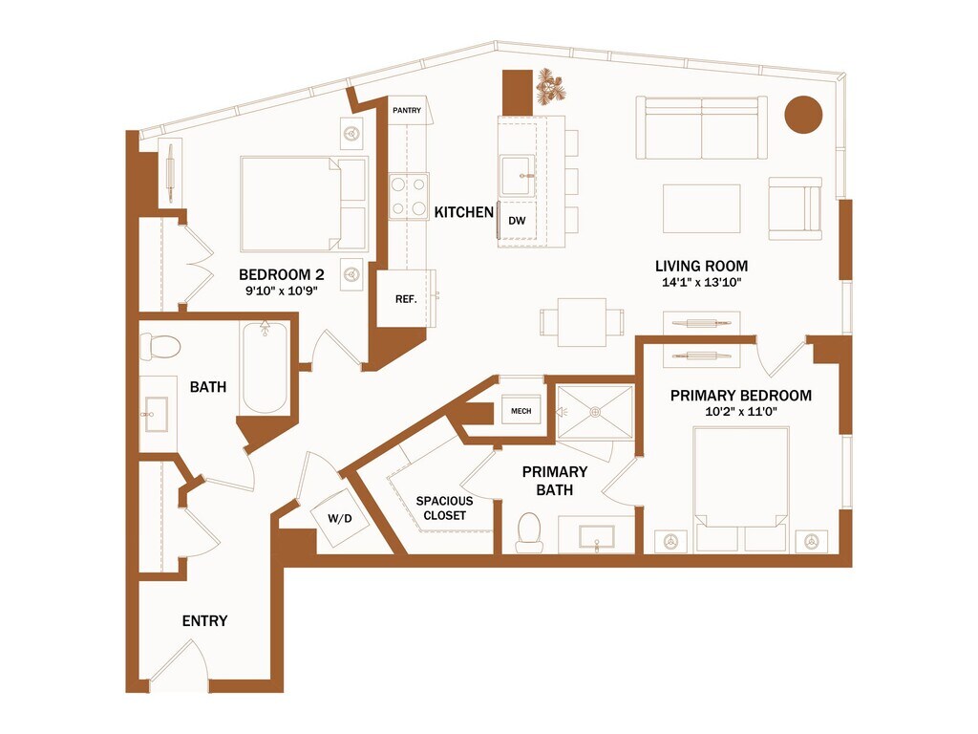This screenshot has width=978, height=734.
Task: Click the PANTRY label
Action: click(x=407, y=111)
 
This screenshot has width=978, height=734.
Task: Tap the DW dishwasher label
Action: click(x=517, y=221)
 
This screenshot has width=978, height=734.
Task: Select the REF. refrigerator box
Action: click(x=406, y=298)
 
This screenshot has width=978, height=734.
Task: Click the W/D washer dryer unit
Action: click(x=340, y=519)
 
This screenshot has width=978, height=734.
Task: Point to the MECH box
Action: click(x=521, y=411)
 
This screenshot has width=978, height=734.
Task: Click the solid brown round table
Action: click(x=803, y=115)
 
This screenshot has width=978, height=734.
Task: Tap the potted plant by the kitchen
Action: click(x=551, y=86)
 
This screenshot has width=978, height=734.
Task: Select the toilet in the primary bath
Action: click(x=529, y=533)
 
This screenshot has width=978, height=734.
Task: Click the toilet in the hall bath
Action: click(x=159, y=346)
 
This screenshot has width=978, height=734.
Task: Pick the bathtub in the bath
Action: click(x=265, y=367)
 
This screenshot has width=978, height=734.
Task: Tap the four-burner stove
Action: click(x=409, y=196)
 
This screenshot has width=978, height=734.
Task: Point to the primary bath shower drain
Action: click(x=596, y=412)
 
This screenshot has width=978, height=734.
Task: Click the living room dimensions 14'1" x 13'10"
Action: click(x=702, y=282)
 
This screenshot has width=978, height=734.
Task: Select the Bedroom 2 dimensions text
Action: click(x=282, y=290)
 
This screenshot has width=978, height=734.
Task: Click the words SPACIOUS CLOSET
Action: click(x=445, y=508)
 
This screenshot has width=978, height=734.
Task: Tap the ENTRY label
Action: click(x=204, y=620)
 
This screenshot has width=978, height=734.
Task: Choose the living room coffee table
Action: click(x=702, y=208)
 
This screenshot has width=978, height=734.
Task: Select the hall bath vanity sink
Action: click(x=156, y=414)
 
